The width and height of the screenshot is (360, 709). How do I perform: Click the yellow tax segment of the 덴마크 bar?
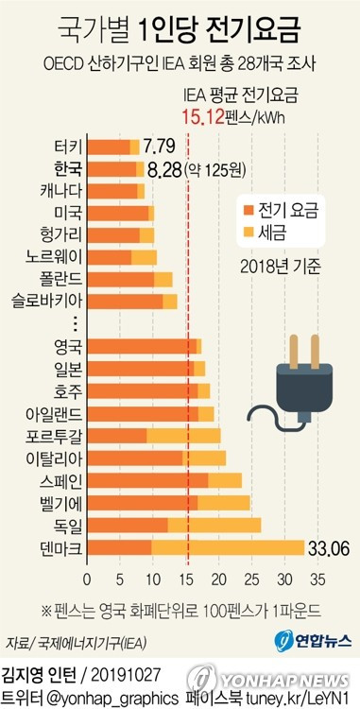tap(228, 547)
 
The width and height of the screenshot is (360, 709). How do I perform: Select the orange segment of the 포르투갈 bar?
tap(117, 436)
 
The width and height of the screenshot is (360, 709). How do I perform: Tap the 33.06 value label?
tap(329, 548)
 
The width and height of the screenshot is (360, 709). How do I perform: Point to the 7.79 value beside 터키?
tap(159, 147)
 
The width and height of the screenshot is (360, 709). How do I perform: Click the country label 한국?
tap(68, 169)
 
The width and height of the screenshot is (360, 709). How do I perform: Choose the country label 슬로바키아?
tap(48, 302)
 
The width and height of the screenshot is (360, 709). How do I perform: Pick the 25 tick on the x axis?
tap(252, 580)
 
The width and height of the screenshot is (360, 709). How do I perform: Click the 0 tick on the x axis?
tap(87, 580)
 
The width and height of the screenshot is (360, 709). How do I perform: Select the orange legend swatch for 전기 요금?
tap(249, 210)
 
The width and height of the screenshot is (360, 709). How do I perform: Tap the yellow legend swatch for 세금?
tap(249, 232)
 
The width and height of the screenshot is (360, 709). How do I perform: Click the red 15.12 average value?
tap(203, 117)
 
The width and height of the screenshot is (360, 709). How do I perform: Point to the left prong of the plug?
tap(294, 352)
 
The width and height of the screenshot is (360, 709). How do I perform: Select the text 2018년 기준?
tap(281, 267)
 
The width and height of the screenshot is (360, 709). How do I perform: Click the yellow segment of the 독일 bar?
tap(214, 526)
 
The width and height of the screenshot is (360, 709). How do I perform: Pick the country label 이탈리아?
tap(54, 458)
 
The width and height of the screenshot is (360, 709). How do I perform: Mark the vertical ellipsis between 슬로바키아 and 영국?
tap(76, 323)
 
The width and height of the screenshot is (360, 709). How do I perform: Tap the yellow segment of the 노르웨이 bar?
tap(144, 257)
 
